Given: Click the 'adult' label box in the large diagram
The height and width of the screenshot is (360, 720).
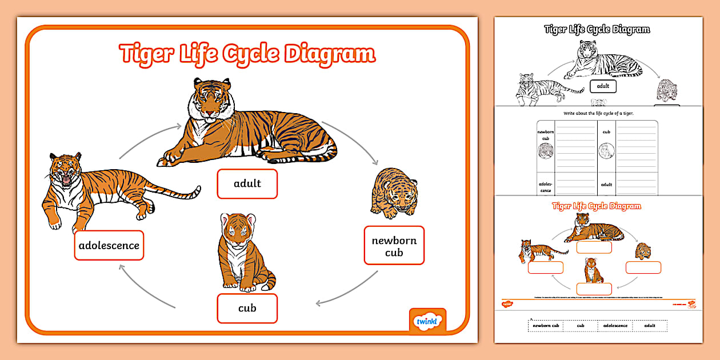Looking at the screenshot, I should click(247, 183).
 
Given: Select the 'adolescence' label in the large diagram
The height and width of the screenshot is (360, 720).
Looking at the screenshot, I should click(109, 246).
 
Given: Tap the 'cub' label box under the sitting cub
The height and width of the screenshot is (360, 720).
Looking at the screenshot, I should click(247, 308).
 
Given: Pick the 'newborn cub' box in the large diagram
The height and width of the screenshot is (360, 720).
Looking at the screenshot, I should click(394, 246).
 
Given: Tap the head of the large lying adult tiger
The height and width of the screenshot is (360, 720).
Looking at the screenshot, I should click(210, 102).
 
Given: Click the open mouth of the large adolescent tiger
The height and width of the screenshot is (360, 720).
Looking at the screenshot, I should click(66, 181).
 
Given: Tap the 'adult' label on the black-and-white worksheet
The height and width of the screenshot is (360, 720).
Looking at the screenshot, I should click(603, 86).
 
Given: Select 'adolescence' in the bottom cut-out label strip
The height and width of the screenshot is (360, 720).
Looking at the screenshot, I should click(615, 326).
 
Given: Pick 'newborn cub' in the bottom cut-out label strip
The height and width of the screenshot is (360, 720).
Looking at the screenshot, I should click(546, 326).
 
